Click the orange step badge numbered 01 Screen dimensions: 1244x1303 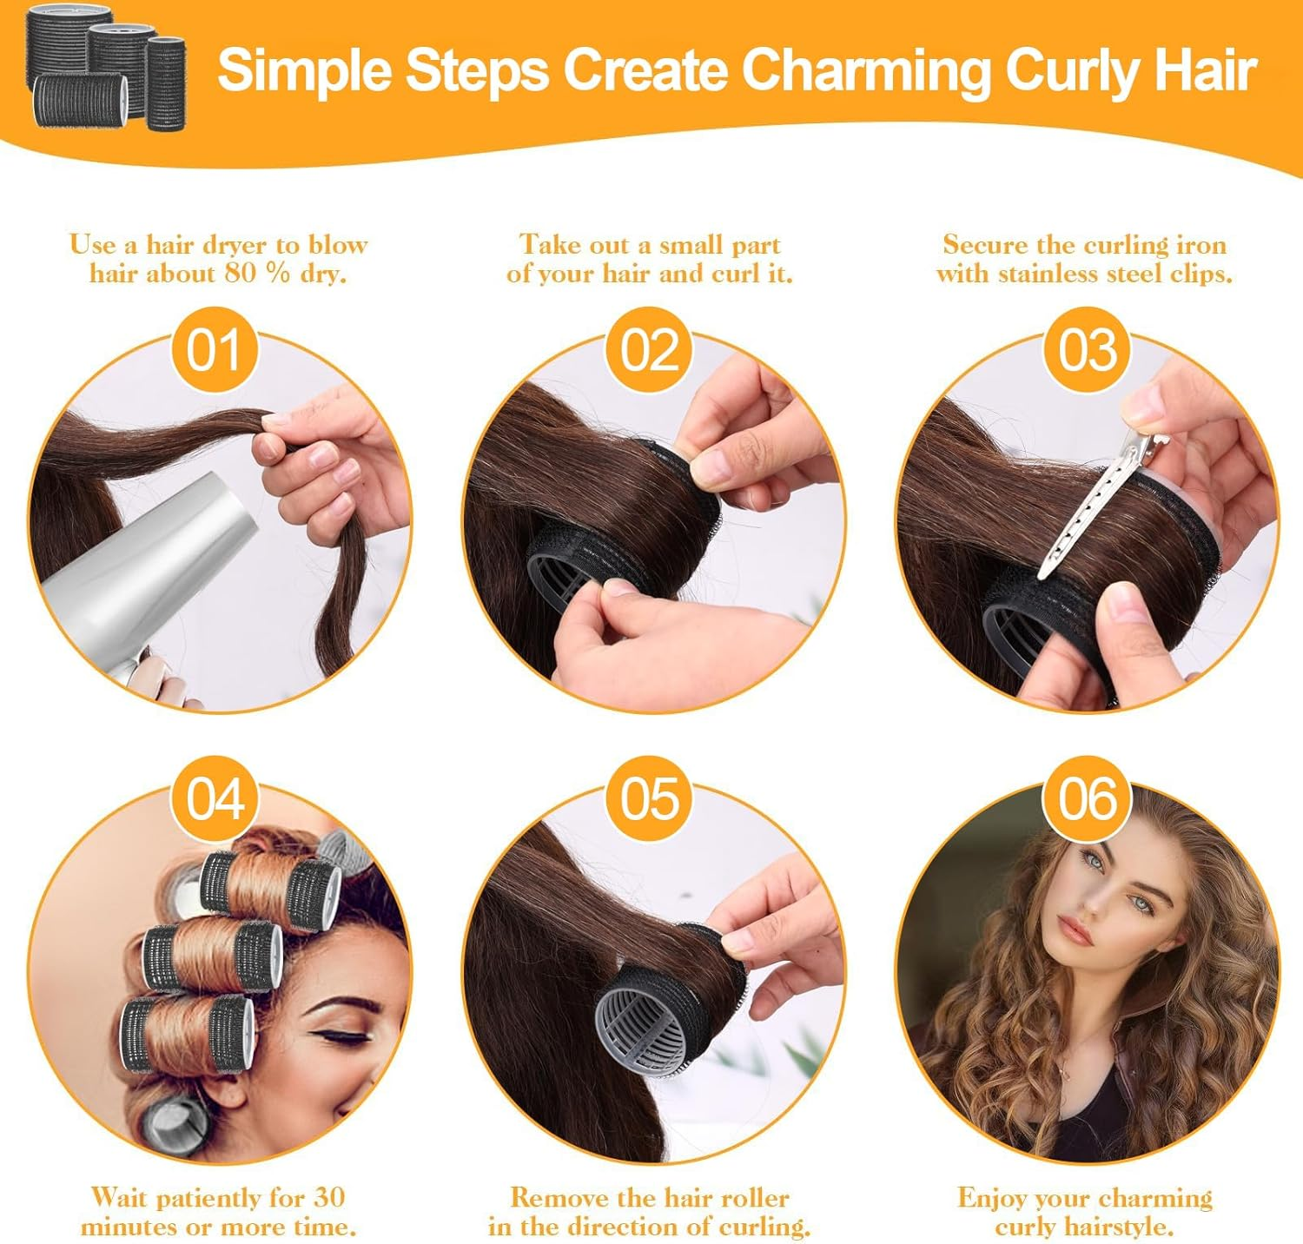click(214, 350)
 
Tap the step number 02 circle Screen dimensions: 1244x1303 click(649, 350)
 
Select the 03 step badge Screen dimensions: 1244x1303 click(1087, 350)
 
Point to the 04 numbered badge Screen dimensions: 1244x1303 click(215, 798)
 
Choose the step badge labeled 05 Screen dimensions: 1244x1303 click(649, 798)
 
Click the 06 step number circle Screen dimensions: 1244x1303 click(1087, 798)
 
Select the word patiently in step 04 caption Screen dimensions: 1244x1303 click(208, 1197)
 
